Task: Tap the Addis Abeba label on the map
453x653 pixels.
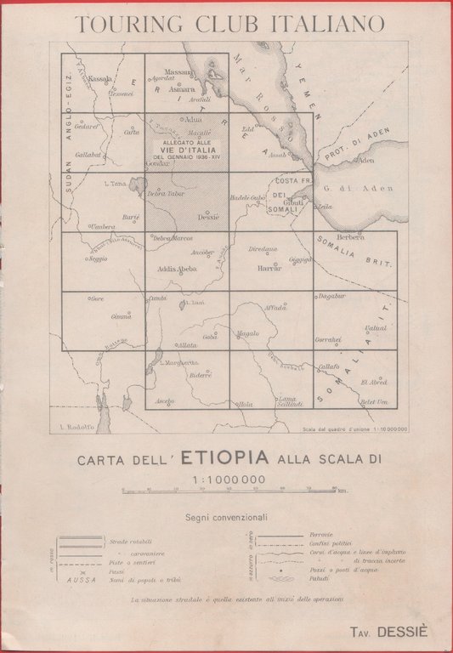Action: coord(178,269)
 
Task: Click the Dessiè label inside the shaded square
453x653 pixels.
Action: coord(208,217)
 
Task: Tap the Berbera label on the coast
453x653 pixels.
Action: coord(350,237)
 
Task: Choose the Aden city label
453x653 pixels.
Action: coord(366,160)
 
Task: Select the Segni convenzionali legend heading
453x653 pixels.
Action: coord(226,516)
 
